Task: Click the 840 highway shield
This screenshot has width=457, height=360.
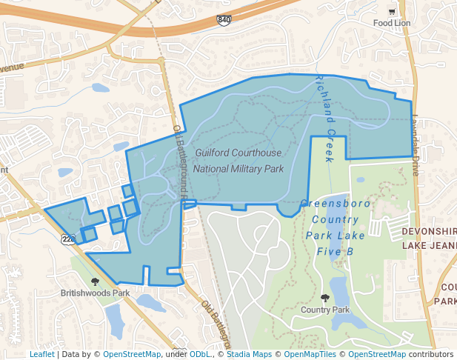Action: pyautogui.click(x=223, y=20)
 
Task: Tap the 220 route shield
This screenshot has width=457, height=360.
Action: pyautogui.click(x=68, y=239)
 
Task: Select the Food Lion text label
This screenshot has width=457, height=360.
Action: pyautogui.click(x=391, y=23)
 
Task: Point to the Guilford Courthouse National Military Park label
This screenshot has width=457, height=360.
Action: pyautogui.click(x=238, y=161)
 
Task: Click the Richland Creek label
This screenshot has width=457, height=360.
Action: pyautogui.click(x=326, y=119)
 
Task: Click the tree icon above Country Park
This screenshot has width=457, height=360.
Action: pyautogui.click(x=325, y=298)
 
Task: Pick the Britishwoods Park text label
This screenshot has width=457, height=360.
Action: pyautogui.click(x=96, y=293)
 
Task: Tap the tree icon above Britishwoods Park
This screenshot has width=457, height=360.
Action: pyautogui.click(x=95, y=281)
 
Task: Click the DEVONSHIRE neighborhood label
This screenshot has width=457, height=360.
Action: pyautogui.click(x=429, y=231)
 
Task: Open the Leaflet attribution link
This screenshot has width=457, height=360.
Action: pyautogui.click(x=41, y=355)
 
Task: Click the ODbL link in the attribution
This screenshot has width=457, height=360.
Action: pyautogui.click(x=199, y=355)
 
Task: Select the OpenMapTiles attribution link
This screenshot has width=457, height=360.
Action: pyautogui.click(x=310, y=355)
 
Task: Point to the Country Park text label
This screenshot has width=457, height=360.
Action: pyautogui.click(x=325, y=310)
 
